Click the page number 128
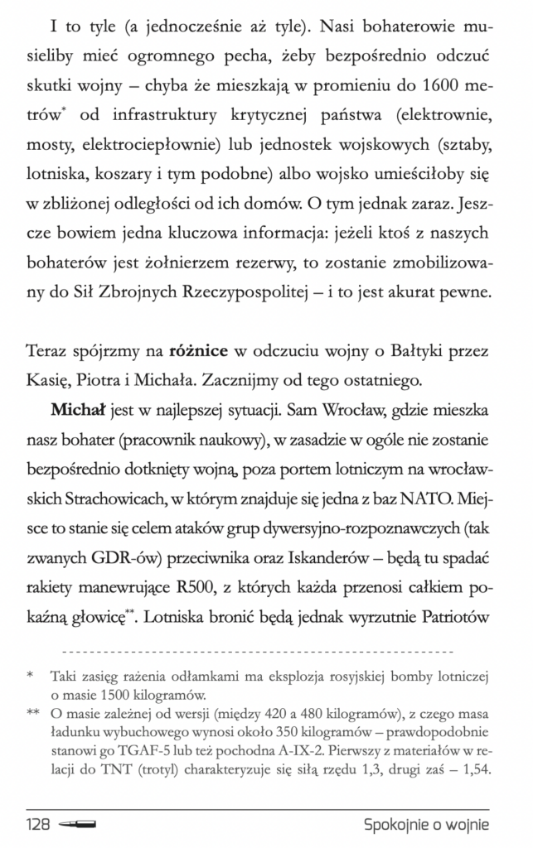pyautogui.click(x=40, y=825)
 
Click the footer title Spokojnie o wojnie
pyautogui.click(x=426, y=825)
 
